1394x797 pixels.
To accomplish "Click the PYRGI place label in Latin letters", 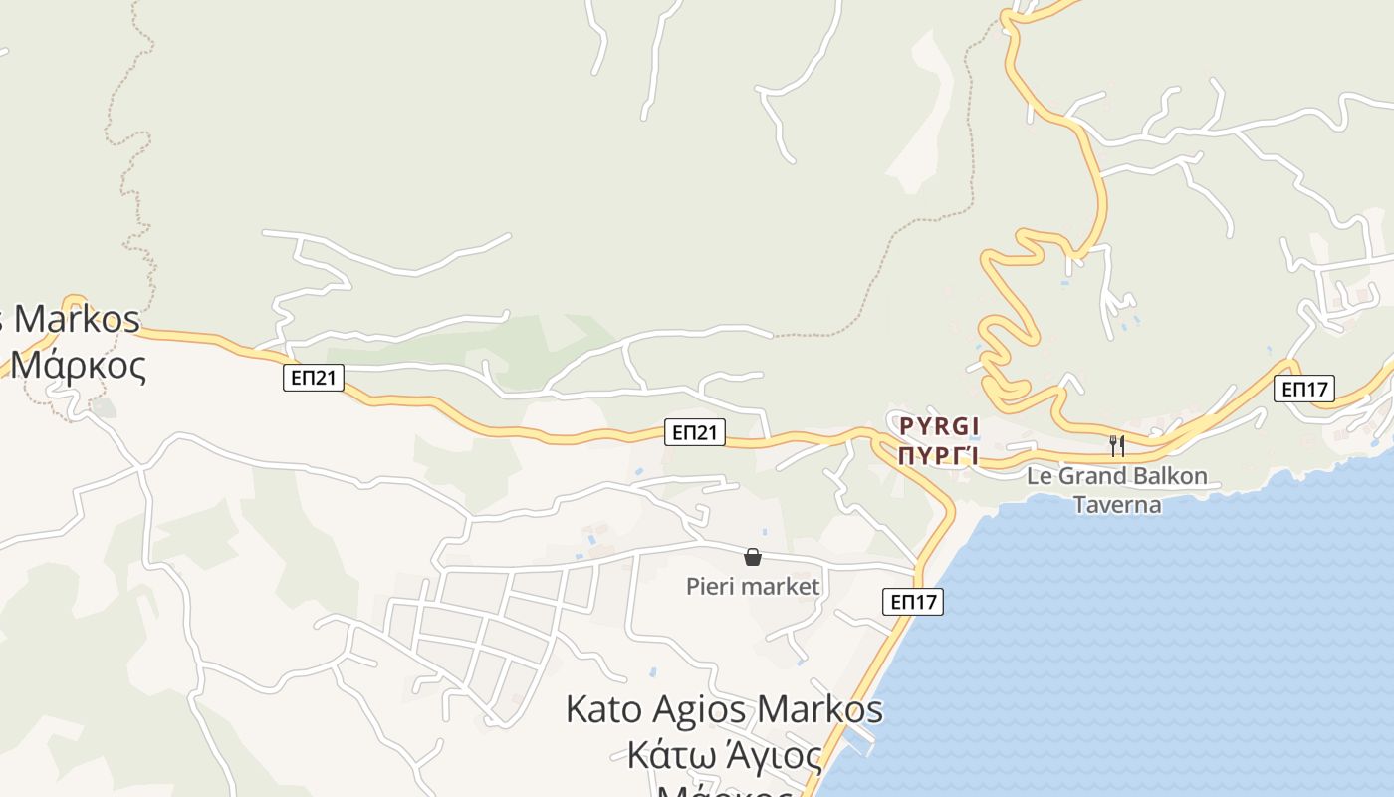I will [939, 427].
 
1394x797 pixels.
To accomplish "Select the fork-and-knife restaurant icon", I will [1117, 445].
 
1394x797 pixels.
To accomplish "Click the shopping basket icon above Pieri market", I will [753, 557].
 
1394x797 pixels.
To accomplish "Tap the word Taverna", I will [1117, 504].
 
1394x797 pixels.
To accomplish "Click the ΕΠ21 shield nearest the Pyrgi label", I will [695, 432].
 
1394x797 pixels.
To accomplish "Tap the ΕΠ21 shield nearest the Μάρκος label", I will [314, 378].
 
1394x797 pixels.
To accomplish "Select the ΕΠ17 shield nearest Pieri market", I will [913, 602].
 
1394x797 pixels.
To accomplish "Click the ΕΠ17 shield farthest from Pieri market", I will [1304, 389].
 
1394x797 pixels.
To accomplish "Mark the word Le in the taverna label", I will [1039, 476].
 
